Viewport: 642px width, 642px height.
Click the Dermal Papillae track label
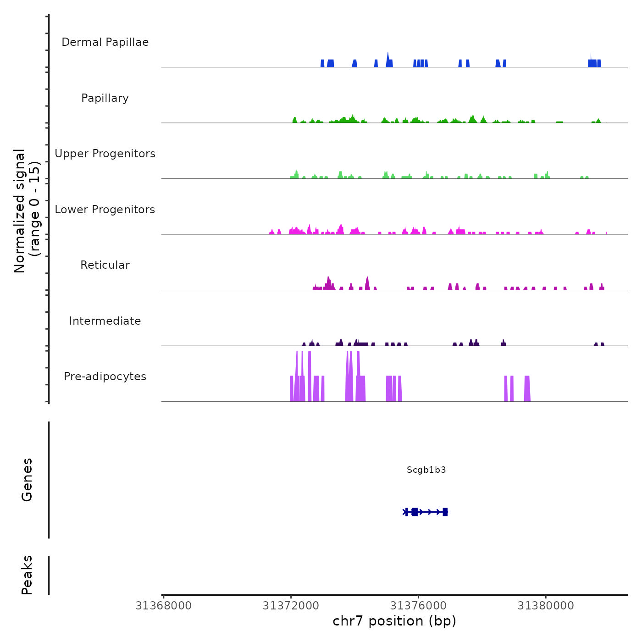pyautogui.click(x=105, y=42)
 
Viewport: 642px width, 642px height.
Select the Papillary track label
pyautogui.click(x=105, y=98)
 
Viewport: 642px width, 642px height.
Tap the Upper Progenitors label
pyautogui.click(x=105, y=154)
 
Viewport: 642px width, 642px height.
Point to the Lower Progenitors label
pyautogui.click(x=105, y=210)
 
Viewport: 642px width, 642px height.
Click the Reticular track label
pyautogui.click(x=105, y=265)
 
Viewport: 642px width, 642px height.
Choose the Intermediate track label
pyautogui.click(x=105, y=321)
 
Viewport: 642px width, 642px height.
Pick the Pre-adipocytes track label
pyautogui.click(x=105, y=376)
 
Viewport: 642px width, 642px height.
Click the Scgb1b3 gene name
pyautogui.click(x=426, y=470)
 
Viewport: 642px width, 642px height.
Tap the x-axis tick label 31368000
pyautogui.click(x=163, y=606)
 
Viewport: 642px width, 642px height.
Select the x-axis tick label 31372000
pyautogui.click(x=291, y=606)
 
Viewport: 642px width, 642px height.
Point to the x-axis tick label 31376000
pyautogui.click(x=418, y=606)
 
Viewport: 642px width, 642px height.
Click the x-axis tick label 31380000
pyautogui.click(x=546, y=606)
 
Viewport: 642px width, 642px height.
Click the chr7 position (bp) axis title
pyautogui.click(x=394, y=621)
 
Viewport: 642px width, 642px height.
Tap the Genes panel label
pyautogui.click(x=27, y=480)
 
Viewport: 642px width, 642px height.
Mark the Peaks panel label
pyautogui.click(x=27, y=575)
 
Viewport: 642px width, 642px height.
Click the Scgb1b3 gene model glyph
pyautogui.click(x=425, y=512)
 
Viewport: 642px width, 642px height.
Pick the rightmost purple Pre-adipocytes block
pyautogui.click(x=527, y=389)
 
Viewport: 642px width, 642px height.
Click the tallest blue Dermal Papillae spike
pyautogui.click(x=388, y=60)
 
